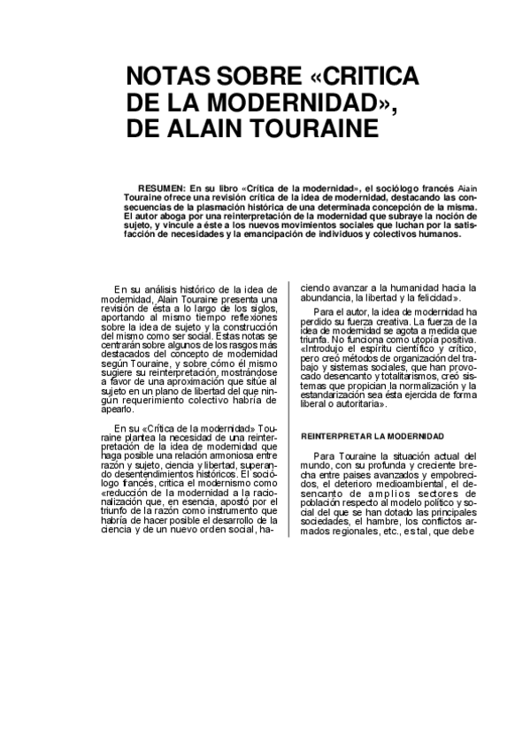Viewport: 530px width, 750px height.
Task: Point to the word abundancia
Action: (328, 298)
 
